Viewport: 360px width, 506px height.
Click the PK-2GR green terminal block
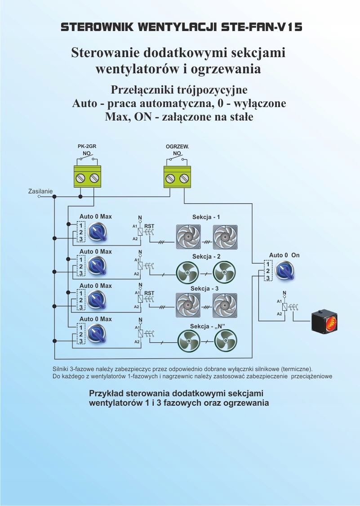pyautogui.click(x=87, y=176)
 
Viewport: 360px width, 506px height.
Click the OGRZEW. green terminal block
pyautogui.click(x=177, y=176)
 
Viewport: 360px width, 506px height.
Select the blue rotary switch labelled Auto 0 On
pyautogui.click(x=284, y=270)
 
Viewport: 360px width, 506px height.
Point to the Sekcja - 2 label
pyautogui.click(x=206, y=256)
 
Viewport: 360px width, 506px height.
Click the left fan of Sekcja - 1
pyautogui.click(x=187, y=237)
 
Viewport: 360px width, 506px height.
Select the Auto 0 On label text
pyautogui.click(x=284, y=255)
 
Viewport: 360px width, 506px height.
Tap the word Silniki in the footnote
pyautogui.click(x=61, y=369)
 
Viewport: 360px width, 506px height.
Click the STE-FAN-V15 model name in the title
pyautogui.click(x=262, y=27)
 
